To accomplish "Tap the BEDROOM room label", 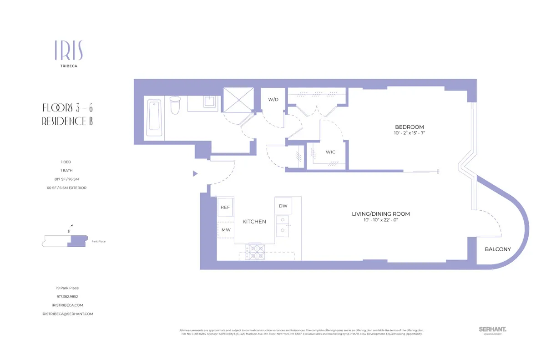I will (x=409, y=127).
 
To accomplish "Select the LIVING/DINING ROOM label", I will (x=381, y=214).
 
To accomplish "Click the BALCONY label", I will (x=497, y=249).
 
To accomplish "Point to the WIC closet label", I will (x=330, y=152).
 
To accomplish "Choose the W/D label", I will (x=273, y=99).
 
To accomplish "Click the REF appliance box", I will (x=225, y=207).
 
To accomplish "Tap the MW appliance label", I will (x=226, y=230).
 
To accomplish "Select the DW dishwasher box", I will (x=283, y=206).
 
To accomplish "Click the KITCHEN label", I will (x=254, y=222).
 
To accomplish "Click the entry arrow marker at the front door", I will (x=195, y=173).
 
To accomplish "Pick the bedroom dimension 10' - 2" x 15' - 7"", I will (x=409, y=133).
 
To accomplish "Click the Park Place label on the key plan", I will (x=98, y=241).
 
